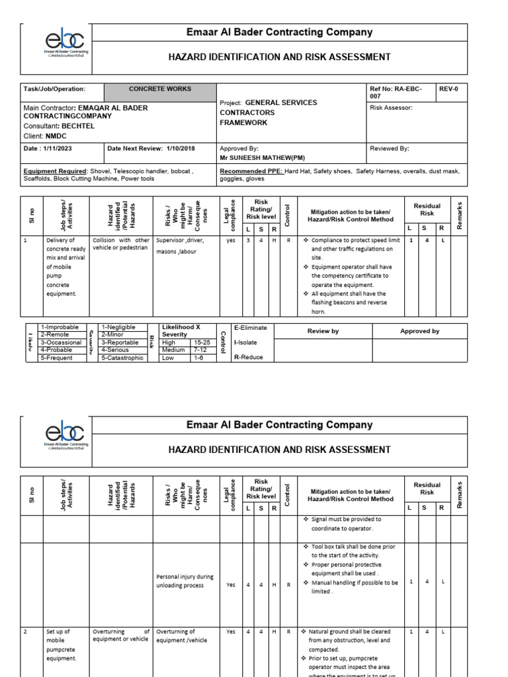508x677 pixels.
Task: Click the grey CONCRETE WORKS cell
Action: (160, 89)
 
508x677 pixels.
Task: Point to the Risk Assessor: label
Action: (392, 107)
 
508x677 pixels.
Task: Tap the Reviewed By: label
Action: (390, 149)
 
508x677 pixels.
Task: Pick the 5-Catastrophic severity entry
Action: (122, 358)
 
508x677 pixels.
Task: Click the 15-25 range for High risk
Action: (201, 342)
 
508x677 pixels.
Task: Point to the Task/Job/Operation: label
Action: (54, 89)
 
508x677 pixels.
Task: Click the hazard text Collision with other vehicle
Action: (120, 244)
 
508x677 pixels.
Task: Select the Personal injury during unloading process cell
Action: (185, 581)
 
